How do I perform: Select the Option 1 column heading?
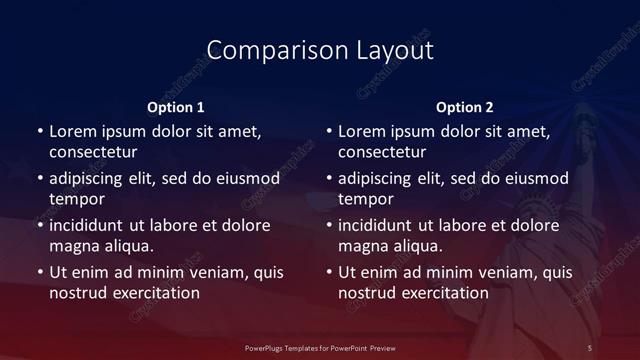coord(175,107)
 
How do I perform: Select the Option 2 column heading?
coord(464,107)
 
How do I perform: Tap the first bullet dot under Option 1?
coord(39,131)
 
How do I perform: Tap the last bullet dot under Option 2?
coord(328,272)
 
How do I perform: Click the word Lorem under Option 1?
coord(73,131)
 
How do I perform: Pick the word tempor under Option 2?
coord(367,200)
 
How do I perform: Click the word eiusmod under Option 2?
coord(533,179)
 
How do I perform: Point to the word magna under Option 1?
coord(73,246)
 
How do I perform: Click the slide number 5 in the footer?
coord(589,347)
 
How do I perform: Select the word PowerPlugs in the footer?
coord(266,347)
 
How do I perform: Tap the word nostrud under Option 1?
coord(77,293)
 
